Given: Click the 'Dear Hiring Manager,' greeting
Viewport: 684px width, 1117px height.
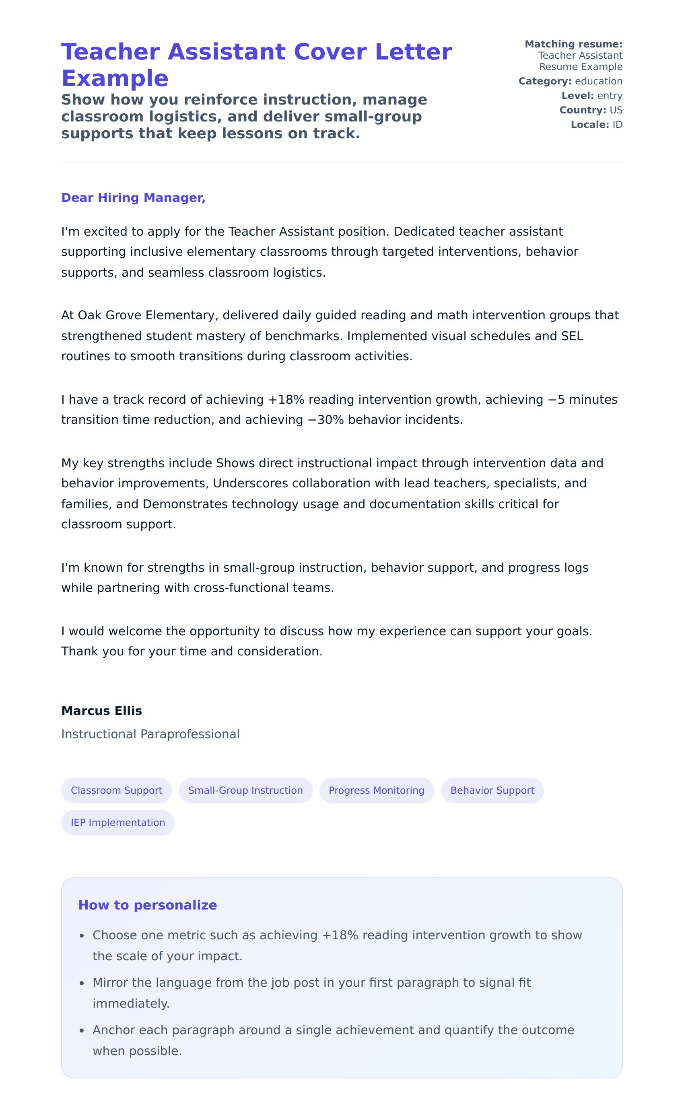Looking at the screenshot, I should click(x=133, y=198).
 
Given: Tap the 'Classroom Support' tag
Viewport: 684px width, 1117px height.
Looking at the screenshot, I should click(x=116, y=790).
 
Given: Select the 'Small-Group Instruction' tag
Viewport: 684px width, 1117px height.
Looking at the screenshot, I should click(x=245, y=790).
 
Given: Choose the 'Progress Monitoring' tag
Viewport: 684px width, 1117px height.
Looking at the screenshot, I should click(x=377, y=790).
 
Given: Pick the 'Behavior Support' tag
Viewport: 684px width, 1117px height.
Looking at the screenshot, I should click(x=492, y=790).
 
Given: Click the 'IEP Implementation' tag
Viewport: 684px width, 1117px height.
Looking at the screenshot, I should click(x=118, y=822).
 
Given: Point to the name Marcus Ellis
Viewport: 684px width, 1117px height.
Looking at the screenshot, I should click(x=102, y=710).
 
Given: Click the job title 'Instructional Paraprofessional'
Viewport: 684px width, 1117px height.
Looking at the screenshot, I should click(x=150, y=734).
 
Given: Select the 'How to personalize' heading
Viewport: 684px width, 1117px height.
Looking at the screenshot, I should click(x=147, y=905).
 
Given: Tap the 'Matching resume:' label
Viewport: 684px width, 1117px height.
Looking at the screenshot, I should click(x=573, y=44).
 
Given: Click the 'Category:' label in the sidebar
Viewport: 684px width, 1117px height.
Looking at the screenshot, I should click(x=545, y=81).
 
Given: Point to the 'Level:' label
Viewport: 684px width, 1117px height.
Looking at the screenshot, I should click(x=577, y=96).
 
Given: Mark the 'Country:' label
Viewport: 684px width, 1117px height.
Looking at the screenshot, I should click(x=582, y=110).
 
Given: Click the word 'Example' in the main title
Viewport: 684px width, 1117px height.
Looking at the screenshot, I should click(x=115, y=78).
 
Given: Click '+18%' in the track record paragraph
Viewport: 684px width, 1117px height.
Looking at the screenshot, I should click(x=286, y=399).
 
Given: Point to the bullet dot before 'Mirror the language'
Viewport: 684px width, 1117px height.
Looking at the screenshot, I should click(x=82, y=983).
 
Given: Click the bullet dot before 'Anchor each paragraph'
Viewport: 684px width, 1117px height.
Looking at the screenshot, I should click(x=82, y=1031).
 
